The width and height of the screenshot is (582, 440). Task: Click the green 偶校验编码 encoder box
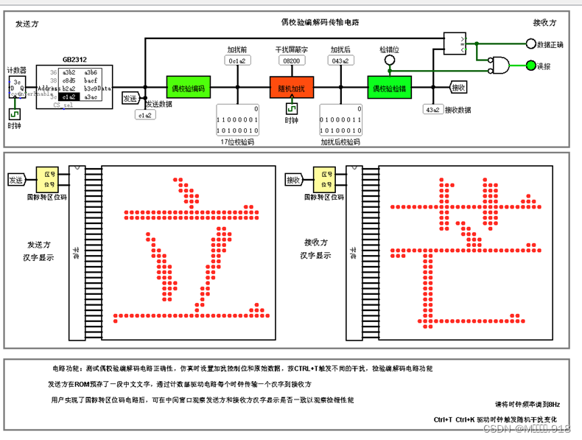click(x=189, y=88)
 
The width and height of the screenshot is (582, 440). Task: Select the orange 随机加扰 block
click(x=291, y=88)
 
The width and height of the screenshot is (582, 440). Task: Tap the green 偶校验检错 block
click(x=390, y=88)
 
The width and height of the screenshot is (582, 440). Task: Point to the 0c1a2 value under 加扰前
click(x=237, y=61)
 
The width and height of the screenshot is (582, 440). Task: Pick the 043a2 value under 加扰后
click(x=340, y=61)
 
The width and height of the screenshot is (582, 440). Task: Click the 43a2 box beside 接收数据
click(x=432, y=111)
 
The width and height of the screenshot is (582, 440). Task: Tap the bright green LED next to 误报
click(x=531, y=66)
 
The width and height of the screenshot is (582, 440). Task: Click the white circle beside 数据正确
click(x=530, y=44)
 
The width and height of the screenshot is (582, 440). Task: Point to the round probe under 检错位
click(x=390, y=61)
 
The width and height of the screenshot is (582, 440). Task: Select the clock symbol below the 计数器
click(x=15, y=114)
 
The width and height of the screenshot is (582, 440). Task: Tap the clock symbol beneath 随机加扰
click(x=291, y=109)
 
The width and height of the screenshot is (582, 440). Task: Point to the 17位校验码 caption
click(x=237, y=142)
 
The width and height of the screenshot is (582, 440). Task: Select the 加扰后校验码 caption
click(x=340, y=142)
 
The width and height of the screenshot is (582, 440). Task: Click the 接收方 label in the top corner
click(x=546, y=24)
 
